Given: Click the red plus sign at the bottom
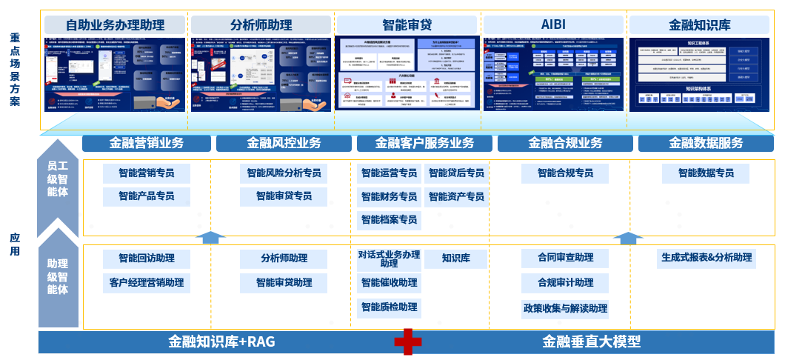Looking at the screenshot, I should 407,341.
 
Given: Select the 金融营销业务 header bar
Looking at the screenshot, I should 147,143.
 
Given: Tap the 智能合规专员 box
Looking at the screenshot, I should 565,173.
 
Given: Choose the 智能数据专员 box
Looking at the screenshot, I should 705,173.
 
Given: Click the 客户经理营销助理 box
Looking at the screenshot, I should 147,282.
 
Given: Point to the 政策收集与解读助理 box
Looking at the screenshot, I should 565,308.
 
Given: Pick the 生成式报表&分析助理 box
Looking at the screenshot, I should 706,258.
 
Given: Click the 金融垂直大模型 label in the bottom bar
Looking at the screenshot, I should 590,341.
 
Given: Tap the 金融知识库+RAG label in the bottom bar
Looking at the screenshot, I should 221,341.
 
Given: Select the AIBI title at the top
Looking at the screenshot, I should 554,24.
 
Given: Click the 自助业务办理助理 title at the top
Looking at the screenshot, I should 115,25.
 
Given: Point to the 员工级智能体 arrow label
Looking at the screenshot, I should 58,181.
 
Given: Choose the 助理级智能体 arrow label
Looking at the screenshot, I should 58,276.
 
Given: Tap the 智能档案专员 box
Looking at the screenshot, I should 389,219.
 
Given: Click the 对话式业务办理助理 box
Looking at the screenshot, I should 389,259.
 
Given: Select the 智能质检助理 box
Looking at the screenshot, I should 389,307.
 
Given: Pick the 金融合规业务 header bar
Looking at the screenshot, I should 565,143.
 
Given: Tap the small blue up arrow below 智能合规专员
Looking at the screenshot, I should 628,237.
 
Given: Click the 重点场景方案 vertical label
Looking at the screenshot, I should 15,69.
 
